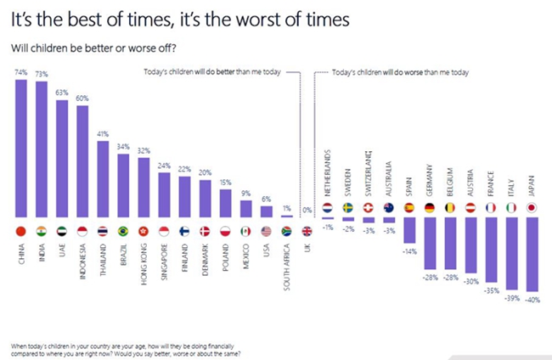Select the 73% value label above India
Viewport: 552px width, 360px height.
pos(41,75)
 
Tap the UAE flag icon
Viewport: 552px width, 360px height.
pos(62,231)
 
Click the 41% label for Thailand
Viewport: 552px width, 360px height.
pos(103,134)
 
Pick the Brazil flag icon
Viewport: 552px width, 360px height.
pos(123,231)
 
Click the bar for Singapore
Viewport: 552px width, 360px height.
pos(164,194)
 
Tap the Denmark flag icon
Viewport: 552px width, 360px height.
pos(205,231)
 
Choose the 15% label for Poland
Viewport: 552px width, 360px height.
pos(225,183)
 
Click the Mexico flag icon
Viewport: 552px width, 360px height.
pos(245,231)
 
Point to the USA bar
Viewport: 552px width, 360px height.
pos(266,211)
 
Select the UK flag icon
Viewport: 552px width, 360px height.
pos(307,231)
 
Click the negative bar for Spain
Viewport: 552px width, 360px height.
pos(408,230)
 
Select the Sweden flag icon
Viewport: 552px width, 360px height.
pos(347,206)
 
